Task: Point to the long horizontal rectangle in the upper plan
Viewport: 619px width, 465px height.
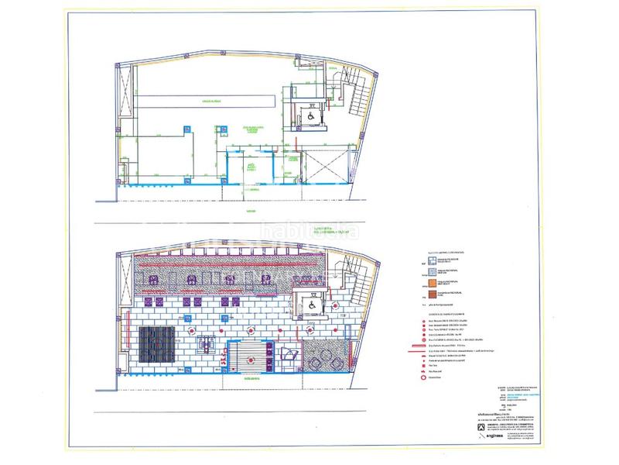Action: [207, 102]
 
